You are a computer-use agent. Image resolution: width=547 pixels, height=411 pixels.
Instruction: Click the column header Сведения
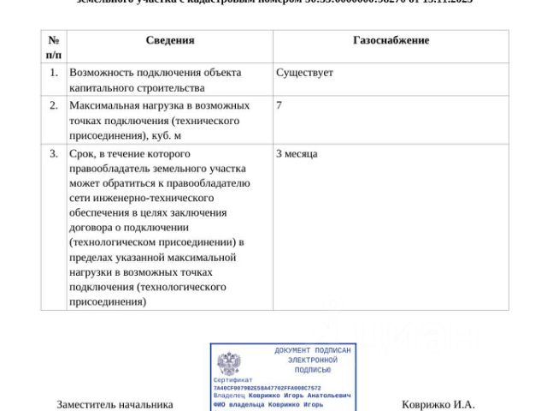click(169, 40)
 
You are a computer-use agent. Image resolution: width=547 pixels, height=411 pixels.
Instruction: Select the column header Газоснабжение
click(391, 40)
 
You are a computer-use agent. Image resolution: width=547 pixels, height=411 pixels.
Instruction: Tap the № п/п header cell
click(53, 47)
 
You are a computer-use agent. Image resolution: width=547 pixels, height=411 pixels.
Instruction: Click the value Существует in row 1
click(304, 73)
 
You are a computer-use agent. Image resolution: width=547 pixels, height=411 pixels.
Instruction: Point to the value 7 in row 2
click(279, 105)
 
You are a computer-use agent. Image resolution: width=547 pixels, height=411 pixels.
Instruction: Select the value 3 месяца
click(297, 154)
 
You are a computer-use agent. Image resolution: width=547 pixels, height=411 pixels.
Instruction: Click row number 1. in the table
click(53, 73)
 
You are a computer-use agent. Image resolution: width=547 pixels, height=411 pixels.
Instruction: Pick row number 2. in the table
click(53, 105)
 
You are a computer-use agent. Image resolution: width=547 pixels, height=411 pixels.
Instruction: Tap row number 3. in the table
click(53, 154)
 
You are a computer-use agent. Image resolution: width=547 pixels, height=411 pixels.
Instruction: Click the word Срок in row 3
click(85, 154)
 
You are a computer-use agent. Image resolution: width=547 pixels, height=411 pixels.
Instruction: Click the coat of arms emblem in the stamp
click(228, 364)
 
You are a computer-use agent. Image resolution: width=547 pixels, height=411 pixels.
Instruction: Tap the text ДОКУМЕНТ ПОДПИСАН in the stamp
click(313, 351)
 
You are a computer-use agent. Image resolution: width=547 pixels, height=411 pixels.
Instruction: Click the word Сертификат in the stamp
click(233, 380)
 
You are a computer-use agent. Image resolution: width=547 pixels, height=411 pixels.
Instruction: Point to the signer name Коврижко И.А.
click(438, 404)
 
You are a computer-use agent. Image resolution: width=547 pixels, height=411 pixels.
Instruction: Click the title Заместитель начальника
click(115, 404)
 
